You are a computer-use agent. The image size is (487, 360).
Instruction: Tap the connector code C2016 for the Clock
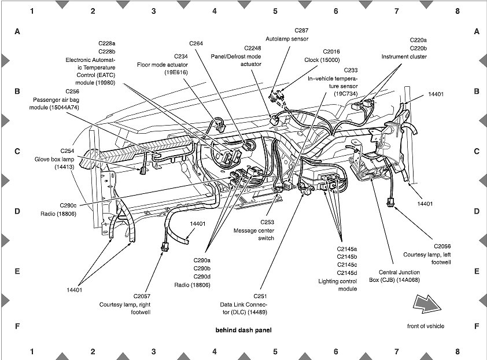coord(332,52)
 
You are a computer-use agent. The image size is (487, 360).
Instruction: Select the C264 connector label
coord(196,43)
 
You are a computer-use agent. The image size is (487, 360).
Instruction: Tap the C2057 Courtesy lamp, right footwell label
coord(125,304)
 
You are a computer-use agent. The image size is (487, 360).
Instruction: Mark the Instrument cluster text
coord(404,57)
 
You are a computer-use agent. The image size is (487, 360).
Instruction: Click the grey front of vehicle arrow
coord(426,304)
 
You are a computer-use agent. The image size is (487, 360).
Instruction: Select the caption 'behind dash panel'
coord(243,330)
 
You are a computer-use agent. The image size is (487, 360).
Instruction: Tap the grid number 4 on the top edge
coord(214,11)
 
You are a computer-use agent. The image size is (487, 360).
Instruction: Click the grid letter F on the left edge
coord(17,326)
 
